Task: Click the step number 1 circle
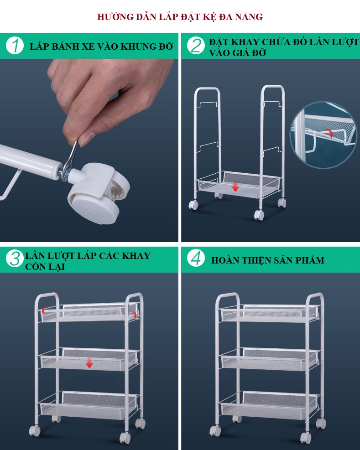15,46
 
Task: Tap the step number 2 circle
196,46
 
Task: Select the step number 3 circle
15,259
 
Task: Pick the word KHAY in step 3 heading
136,256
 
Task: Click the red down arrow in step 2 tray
235,186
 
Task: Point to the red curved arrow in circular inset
329,133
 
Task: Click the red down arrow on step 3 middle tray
89,362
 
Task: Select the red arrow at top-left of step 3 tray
43,310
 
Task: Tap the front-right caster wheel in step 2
259,215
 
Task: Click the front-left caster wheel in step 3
35,431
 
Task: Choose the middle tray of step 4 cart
269,359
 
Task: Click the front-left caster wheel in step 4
215,431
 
